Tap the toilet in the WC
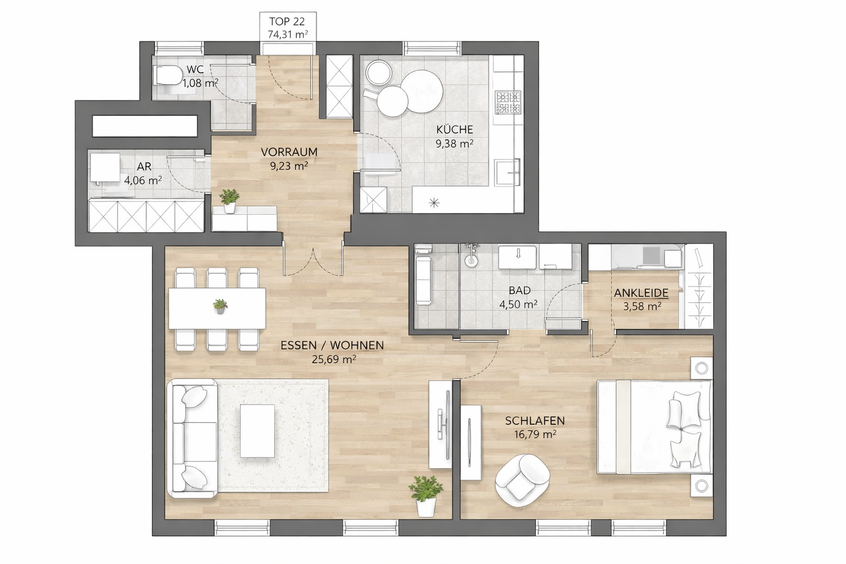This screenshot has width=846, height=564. [x=167, y=75]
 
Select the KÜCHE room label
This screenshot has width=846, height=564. [x=455, y=129]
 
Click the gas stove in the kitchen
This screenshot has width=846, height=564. [x=508, y=102]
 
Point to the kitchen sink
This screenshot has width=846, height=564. [x=508, y=172]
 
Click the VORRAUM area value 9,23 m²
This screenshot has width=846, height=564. [x=289, y=166]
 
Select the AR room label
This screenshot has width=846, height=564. [x=144, y=166]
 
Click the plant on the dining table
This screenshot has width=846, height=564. [x=220, y=306]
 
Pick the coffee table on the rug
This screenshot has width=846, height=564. [x=258, y=431]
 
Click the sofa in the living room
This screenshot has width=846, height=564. [x=193, y=438]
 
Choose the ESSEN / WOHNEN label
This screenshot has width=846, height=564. [x=332, y=345]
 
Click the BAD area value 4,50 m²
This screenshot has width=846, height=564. [x=518, y=305]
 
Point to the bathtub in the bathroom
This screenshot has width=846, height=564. [x=424, y=280]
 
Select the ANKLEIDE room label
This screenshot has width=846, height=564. [x=641, y=293]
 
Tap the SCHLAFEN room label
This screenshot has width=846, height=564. [x=535, y=420]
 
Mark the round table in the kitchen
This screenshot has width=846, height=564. [x=422, y=91]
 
